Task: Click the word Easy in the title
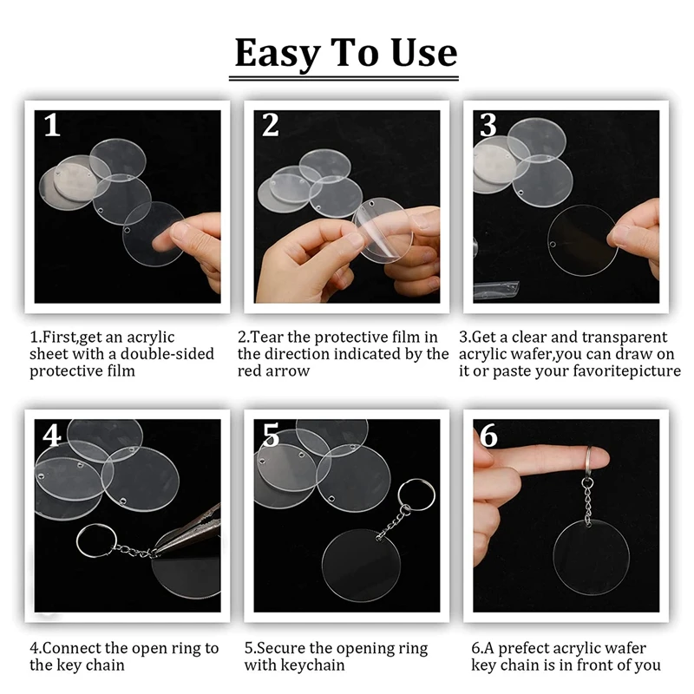278,54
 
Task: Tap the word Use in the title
423,53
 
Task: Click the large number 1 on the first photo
52,125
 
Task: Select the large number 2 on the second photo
271,125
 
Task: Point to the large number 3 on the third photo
488,125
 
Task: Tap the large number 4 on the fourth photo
52,435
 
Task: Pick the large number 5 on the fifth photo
271,435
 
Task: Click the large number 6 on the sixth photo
488,435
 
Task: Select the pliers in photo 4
188,531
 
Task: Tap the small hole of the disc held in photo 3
553,245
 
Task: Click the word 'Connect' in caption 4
72,648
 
